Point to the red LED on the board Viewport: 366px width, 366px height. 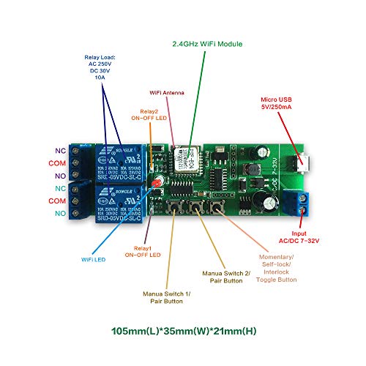click(155, 181)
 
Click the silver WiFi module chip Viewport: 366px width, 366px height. click(184, 157)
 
